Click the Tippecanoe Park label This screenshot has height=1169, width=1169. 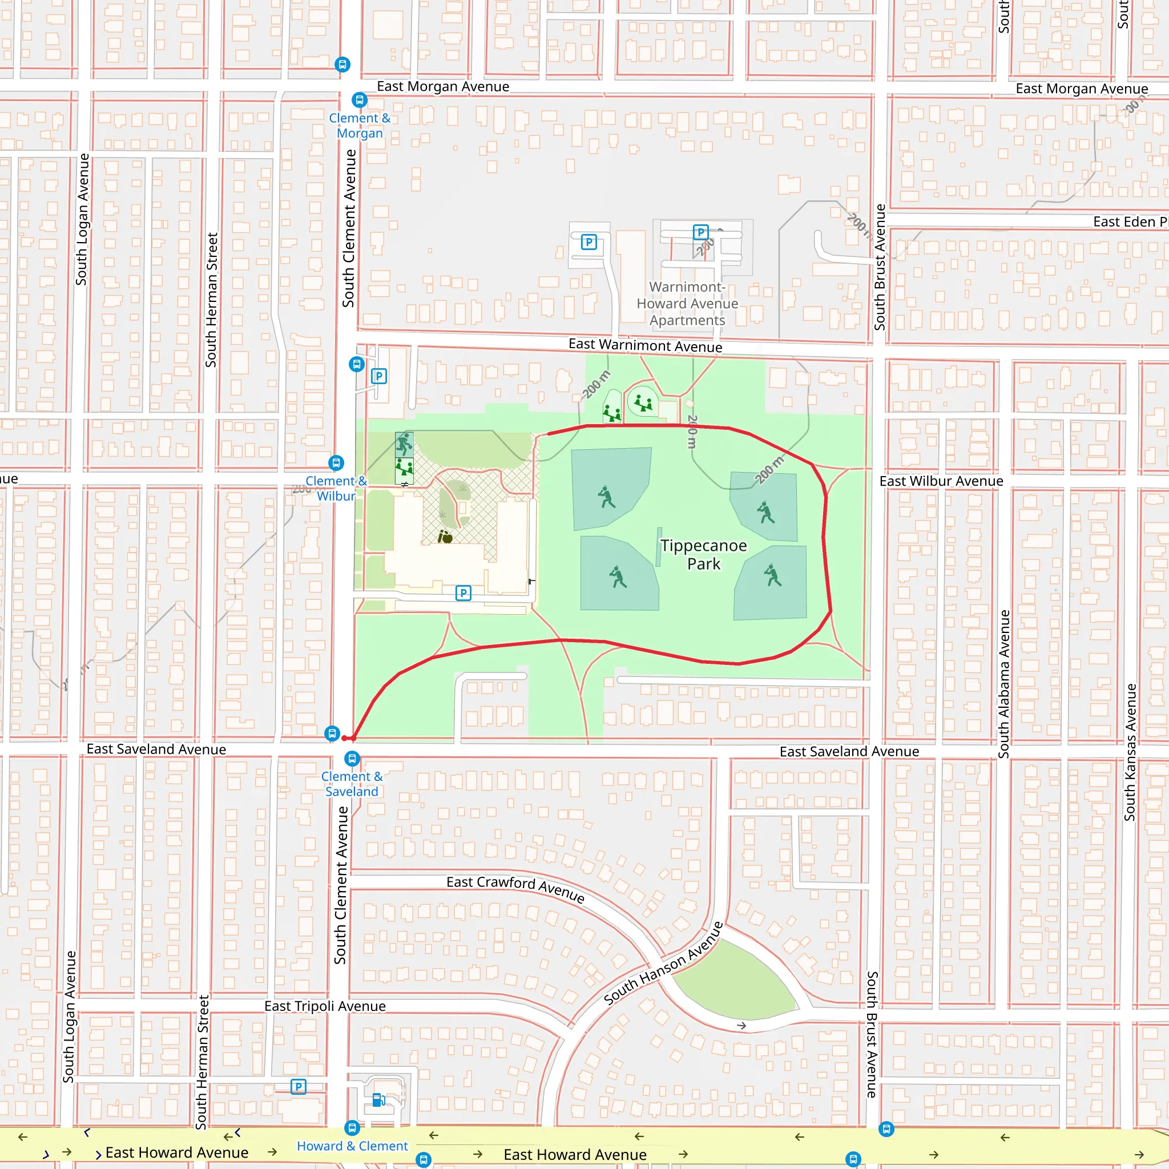coord(703,554)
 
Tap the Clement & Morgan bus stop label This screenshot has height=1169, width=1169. coord(360,126)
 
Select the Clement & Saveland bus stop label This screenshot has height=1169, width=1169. coord(352,784)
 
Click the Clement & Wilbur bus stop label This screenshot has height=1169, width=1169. coord(336,488)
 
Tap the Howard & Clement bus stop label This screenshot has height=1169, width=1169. coord(352,1146)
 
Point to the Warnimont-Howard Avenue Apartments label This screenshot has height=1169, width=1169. coord(687,304)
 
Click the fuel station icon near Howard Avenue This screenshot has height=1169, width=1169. coord(379,1099)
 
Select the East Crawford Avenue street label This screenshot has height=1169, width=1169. coord(515,889)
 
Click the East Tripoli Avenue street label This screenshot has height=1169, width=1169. coord(325,1006)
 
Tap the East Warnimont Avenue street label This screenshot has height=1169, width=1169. coord(645,345)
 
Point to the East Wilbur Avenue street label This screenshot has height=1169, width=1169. coord(941,481)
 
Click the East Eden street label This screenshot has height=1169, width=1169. coord(1129,222)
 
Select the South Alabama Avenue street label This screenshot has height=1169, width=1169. coord(1005,684)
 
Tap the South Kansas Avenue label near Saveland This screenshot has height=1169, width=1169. coord(1130,752)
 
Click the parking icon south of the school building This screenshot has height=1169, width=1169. coord(463,593)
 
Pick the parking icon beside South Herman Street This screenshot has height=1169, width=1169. coord(299,1087)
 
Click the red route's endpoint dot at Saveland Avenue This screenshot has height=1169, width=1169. coord(344,738)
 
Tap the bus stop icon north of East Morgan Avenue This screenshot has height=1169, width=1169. coord(342,64)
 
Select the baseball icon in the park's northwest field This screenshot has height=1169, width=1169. coord(606,497)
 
